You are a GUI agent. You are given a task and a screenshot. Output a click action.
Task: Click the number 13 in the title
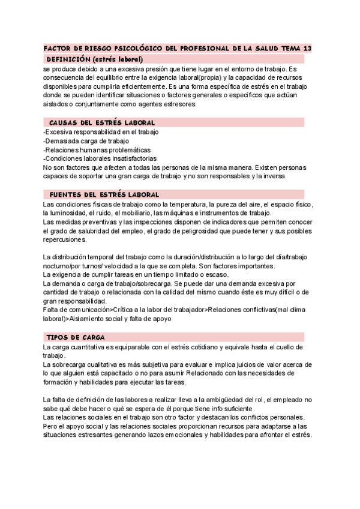click(307, 48)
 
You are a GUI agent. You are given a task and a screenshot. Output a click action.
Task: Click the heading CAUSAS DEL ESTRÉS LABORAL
click(102, 122)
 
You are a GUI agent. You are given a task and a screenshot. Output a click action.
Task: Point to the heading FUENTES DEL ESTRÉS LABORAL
click(104, 194)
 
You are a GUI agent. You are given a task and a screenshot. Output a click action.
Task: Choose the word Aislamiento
click(80, 319)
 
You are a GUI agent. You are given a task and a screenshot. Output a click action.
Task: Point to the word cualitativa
click(105, 364)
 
